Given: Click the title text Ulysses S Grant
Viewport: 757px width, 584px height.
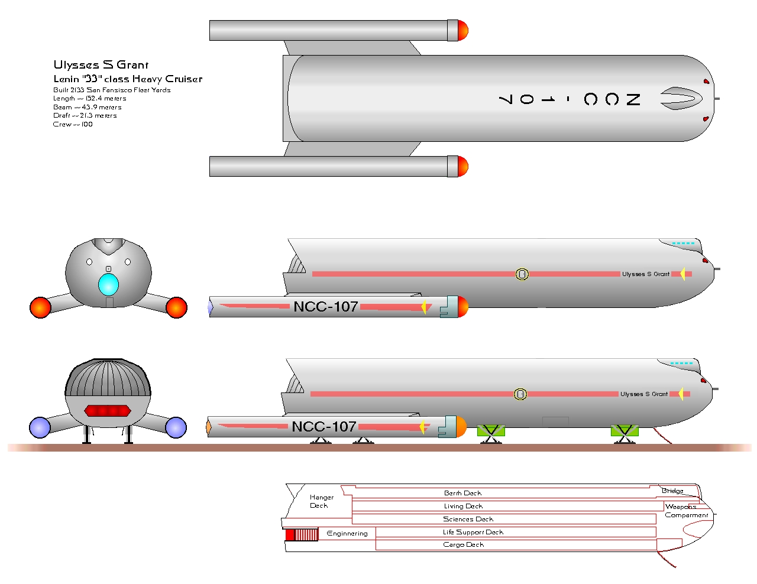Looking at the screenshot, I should tap(101, 64).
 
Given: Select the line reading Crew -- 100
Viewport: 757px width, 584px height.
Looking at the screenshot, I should tap(73, 124).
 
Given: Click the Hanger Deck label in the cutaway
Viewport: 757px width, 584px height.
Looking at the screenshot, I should tap(321, 501).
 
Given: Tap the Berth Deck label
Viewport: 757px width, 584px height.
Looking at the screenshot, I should tap(462, 493).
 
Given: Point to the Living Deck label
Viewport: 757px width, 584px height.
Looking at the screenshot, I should tap(463, 506).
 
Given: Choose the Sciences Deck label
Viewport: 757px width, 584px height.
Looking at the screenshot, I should tap(468, 519).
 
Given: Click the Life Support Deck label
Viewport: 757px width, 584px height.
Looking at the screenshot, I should tap(473, 532).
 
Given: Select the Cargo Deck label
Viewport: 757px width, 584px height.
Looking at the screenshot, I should tap(463, 544).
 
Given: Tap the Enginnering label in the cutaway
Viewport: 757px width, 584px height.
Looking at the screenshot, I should tap(347, 533).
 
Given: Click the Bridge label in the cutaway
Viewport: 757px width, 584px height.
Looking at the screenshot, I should tap(672, 491).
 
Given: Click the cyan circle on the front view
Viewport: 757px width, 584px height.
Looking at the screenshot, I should tap(108, 285).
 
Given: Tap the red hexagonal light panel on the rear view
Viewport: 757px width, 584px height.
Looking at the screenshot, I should tap(108, 411).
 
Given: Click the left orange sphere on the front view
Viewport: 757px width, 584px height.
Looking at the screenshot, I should tap(41, 308).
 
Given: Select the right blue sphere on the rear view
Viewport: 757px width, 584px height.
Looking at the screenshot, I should tap(176, 427).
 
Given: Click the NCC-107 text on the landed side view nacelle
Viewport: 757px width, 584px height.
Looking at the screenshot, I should tap(323, 427).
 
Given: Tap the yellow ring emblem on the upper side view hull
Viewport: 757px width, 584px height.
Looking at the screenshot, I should tap(522, 274).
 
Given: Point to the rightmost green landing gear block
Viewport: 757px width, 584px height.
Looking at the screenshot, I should tap(625, 430).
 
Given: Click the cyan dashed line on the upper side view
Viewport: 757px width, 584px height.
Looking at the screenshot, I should tap(683, 243).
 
